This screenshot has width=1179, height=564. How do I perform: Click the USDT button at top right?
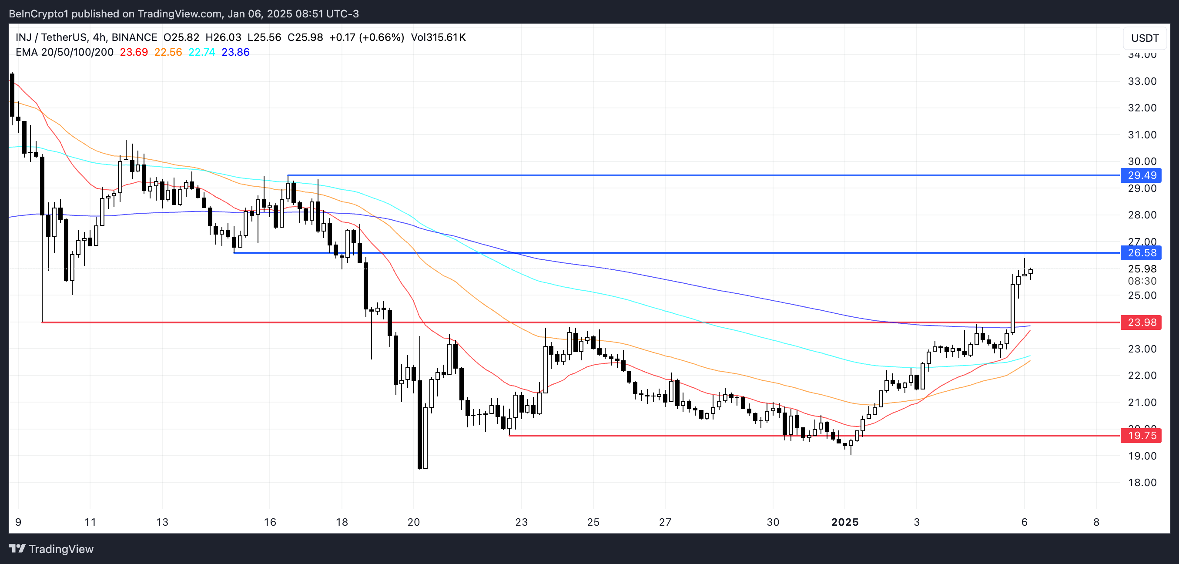(x=1145, y=38)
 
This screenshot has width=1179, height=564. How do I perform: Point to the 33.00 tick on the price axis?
(x=1142, y=81)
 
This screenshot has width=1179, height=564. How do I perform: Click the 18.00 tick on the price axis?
(x=1142, y=483)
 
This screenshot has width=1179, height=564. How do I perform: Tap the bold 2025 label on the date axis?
(x=844, y=522)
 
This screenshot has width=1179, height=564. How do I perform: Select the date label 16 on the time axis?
(x=270, y=522)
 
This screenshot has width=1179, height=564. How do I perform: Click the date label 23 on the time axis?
(x=521, y=522)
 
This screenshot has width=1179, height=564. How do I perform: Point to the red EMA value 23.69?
(x=134, y=52)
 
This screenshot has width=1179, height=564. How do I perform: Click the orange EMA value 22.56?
(x=168, y=52)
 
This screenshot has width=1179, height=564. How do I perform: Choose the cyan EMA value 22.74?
(x=202, y=52)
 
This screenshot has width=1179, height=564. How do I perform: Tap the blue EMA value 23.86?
(x=236, y=52)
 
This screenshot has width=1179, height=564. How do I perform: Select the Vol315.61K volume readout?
(x=438, y=37)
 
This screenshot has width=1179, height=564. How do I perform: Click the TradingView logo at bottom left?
(x=51, y=549)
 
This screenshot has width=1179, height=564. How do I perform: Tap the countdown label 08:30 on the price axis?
(x=1142, y=281)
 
